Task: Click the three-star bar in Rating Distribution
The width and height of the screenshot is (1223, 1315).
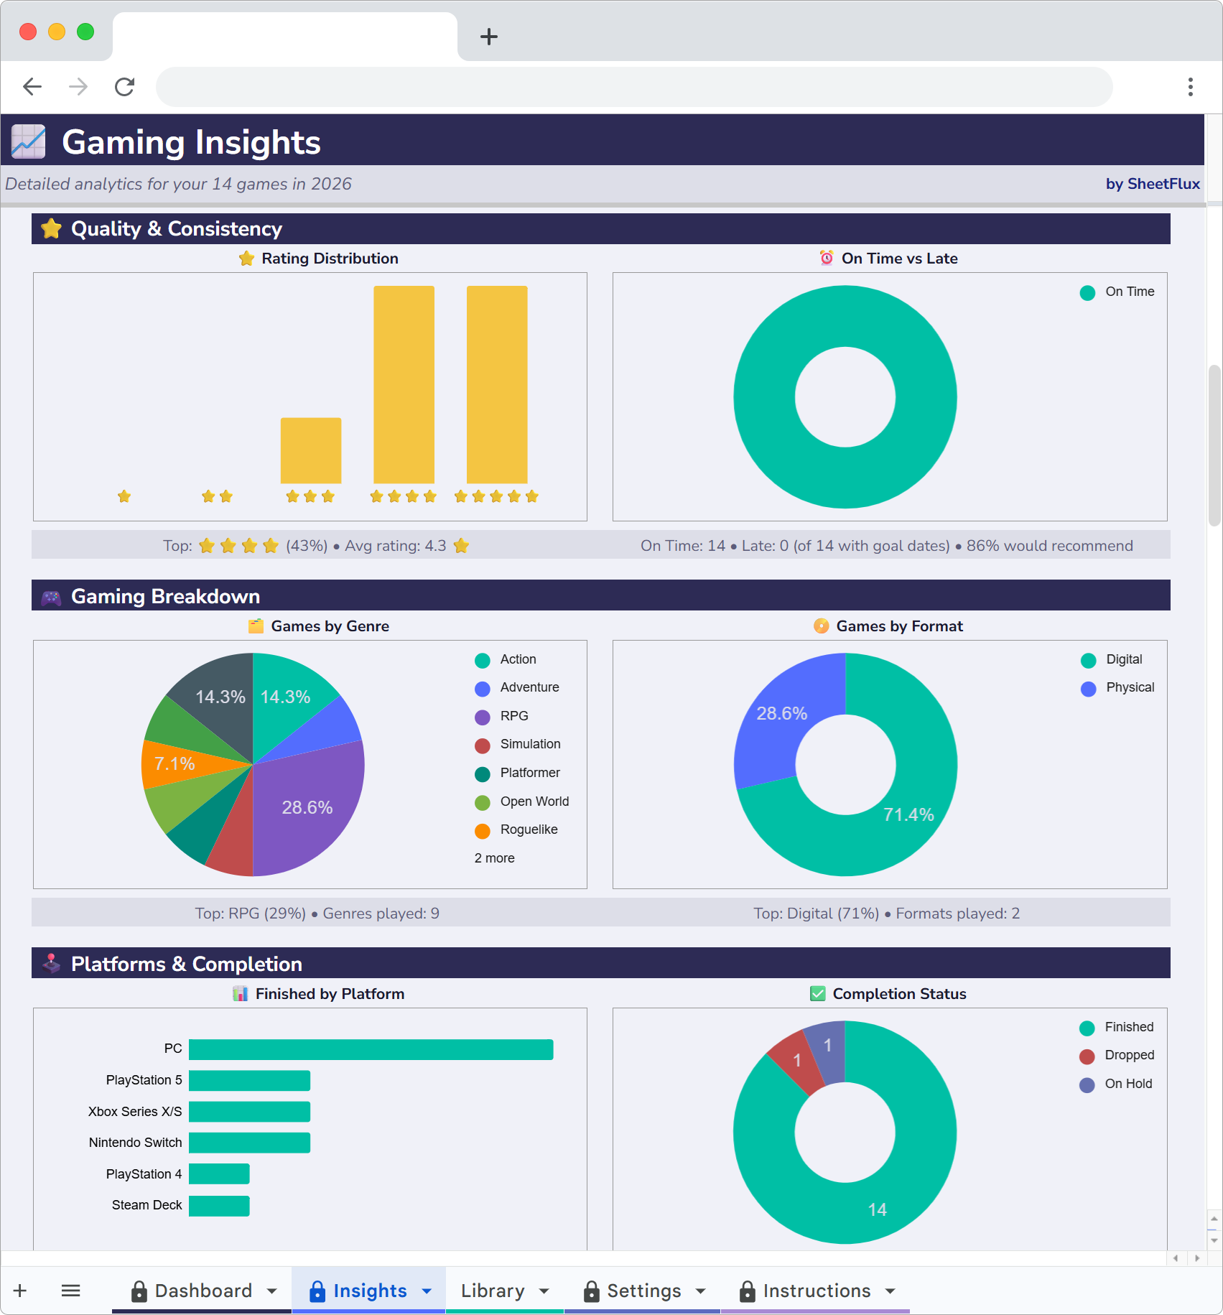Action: click(x=310, y=450)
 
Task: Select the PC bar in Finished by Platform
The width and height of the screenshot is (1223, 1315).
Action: click(x=371, y=1049)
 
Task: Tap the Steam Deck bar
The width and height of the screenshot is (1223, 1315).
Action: click(x=219, y=1206)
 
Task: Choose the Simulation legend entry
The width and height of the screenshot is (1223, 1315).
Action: click(x=530, y=744)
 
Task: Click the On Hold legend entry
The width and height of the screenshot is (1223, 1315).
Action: click(x=1127, y=1084)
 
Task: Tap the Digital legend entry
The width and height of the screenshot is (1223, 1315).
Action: click(x=1123, y=659)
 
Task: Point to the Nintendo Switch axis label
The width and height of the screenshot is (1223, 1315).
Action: click(x=135, y=1143)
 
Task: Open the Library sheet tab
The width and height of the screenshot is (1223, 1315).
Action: click(x=493, y=1291)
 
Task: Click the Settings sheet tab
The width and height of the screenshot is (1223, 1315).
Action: click(x=643, y=1291)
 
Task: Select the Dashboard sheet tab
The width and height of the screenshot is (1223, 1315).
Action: click(x=203, y=1291)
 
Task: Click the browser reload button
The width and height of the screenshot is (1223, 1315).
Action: click(x=125, y=87)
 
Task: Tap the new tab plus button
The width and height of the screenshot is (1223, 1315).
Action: click(x=489, y=37)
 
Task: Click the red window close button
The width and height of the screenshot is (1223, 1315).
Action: click(x=28, y=32)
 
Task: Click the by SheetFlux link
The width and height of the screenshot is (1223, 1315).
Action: click(x=1152, y=184)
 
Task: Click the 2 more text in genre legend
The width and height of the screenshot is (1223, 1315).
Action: click(x=494, y=858)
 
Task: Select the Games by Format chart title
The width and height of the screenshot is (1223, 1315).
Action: click(x=899, y=626)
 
